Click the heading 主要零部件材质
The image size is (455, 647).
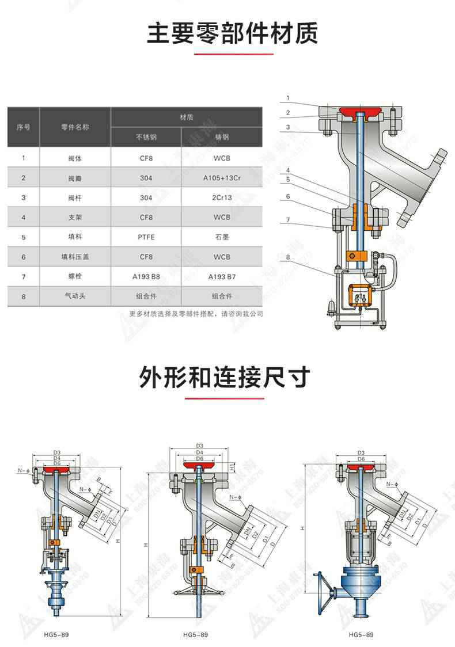click(x=232, y=33)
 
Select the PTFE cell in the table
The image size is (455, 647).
click(x=146, y=237)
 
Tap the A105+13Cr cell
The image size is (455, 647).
click(x=222, y=178)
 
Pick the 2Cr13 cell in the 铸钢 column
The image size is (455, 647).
click(x=222, y=197)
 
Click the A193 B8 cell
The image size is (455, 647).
click(x=146, y=276)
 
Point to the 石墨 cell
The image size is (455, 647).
click(x=222, y=237)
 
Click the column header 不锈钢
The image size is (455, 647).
click(x=146, y=138)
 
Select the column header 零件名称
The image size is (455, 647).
click(x=75, y=127)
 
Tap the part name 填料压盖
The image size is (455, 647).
click(x=75, y=257)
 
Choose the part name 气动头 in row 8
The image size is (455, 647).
click(x=75, y=296)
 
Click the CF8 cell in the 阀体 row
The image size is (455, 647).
click(x=146, y=158)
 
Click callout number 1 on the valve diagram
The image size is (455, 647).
click(x=287, y=97)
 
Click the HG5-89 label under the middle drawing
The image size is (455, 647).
click(x=195, y=634)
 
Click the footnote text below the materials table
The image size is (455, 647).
click(x=196, y=314)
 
